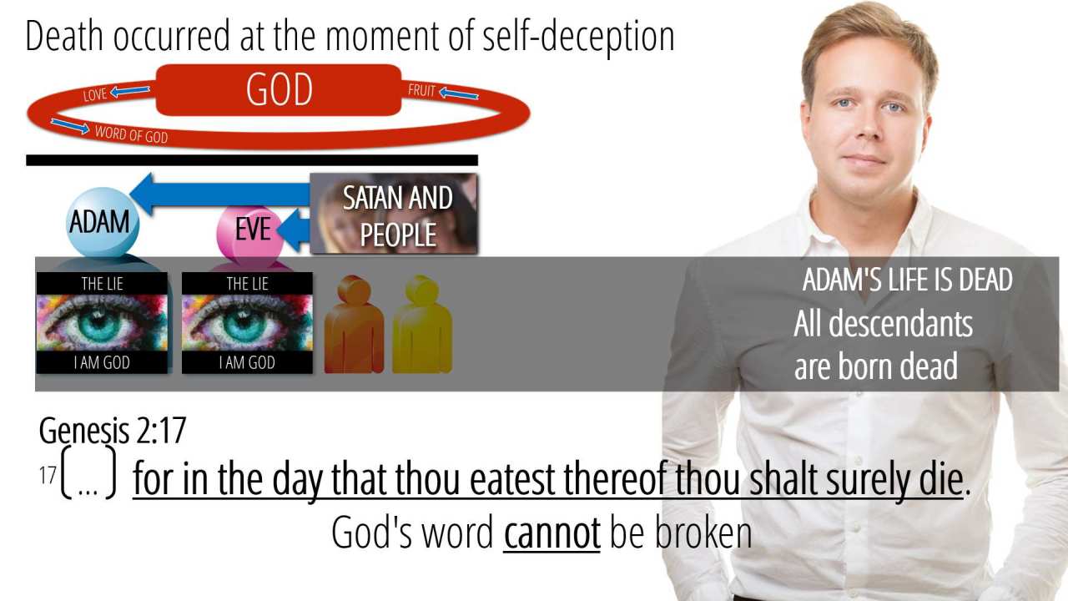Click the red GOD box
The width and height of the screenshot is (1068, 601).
point(279,89)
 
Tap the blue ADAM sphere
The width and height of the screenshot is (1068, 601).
point(103,223)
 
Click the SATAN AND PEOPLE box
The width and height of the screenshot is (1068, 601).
point(393,213)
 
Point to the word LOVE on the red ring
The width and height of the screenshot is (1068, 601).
point(95,94)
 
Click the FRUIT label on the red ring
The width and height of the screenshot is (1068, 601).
point(422,89)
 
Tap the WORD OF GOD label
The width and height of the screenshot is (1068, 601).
point(131,134)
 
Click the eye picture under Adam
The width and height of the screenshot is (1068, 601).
point(102,323)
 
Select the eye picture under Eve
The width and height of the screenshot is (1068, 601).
point(247,323)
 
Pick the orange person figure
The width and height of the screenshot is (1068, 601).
point(354,325)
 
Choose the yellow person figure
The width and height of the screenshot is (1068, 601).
point(422,325)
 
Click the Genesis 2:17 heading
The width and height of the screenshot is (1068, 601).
point(113,431)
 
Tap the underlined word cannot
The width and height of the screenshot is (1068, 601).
point(552,533)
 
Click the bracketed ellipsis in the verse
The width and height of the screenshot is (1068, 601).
point(88,473)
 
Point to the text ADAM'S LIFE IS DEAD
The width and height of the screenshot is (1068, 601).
point(907,280)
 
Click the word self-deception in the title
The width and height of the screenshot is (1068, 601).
point(578,36)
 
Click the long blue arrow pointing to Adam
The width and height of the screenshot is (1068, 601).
point(219,194)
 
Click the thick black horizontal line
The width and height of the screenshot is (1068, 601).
point(252,160)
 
